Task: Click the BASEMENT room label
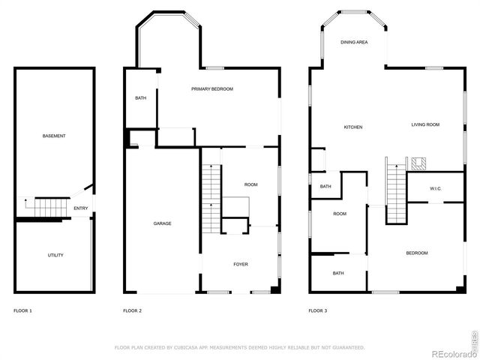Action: coord(54,136)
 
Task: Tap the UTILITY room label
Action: coord(55,255)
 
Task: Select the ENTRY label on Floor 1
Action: coord(80,208)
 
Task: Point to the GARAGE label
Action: coord(163,223)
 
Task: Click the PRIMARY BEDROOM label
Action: coord(212,89)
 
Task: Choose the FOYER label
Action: coord(241,264)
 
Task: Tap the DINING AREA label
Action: coord(354,43)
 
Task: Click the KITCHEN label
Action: coord(353,127)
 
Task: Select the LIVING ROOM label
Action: coord(425,124)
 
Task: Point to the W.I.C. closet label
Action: coord(435,189)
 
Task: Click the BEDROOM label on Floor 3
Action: coord(417,253)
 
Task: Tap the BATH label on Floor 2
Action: coord(140,98)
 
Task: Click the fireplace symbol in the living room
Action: coord(418,163)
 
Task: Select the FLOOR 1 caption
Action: coord(23,310)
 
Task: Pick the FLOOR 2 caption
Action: coord(132,310)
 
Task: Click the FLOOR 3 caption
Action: coord(318,310)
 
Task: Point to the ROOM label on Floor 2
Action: coord(250,184)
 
